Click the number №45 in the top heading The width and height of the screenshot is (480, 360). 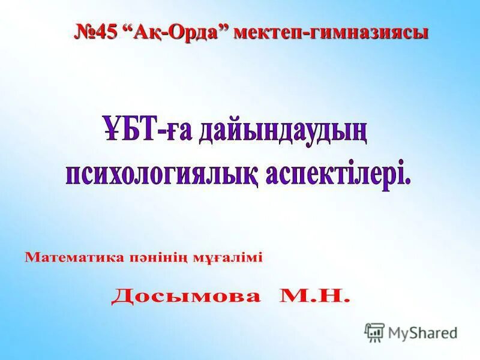click(96, 32)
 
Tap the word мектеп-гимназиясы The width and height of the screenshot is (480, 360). click(331, 32)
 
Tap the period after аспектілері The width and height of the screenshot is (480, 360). click(408, 182)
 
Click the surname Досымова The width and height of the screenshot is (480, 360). click(186, 296)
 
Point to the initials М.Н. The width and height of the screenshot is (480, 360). click(313, 296)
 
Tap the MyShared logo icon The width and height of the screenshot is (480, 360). click(374, 332)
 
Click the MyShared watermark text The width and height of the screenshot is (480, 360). click(422, 332)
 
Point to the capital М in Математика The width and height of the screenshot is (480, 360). click(31, 259)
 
